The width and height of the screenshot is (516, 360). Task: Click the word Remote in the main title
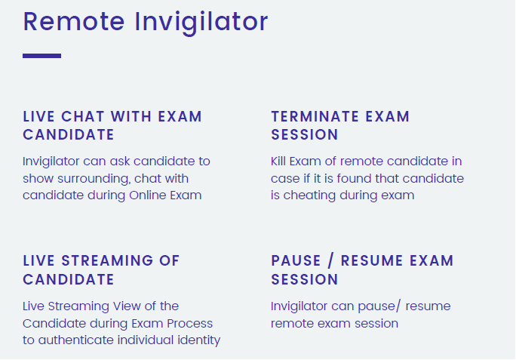(x=74, y=22)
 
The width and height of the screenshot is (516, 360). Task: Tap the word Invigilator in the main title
(x=201, y=23)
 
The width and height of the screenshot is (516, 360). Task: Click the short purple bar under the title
(x=41, y=56)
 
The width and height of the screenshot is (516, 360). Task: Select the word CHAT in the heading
(x=83, y=116)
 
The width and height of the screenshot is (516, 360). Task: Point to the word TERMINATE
(x=315, y=116)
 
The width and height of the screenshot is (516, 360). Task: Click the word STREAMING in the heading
(x=107, y=260)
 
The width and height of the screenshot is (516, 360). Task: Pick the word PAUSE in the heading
(x=296, y=260)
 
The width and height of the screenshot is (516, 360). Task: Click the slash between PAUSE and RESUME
(x=330, y=261)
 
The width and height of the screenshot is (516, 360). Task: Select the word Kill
(x=278, y=162)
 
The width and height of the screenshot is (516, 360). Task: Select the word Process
(x=189, y=324)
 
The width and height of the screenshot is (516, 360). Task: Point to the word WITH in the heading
(x=131, y=116)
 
